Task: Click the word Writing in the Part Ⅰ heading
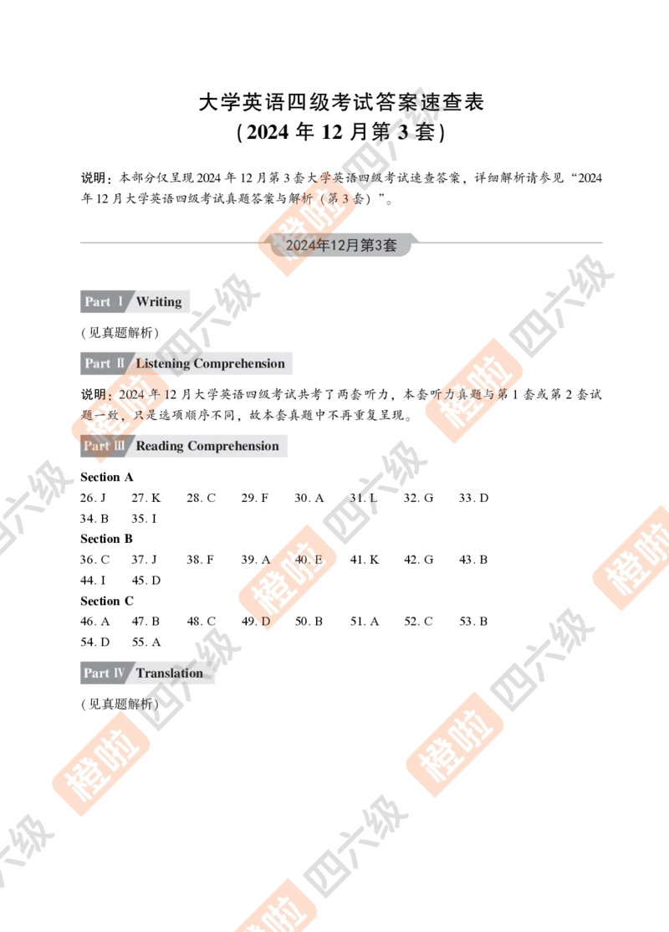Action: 159,301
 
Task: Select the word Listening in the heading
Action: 163,364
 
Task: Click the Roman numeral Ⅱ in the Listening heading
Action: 120,364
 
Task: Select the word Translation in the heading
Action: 170,673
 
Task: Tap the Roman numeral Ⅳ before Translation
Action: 120,673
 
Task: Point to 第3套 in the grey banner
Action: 378,245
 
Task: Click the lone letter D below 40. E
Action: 266,622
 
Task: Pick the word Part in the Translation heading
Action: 96,673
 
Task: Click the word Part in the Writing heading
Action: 97,301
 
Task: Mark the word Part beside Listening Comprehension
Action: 97,364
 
